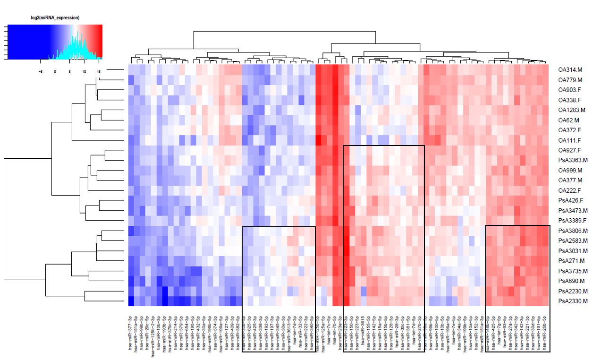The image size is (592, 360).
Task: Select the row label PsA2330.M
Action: point(573,301)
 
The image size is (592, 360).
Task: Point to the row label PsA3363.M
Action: point(573,160)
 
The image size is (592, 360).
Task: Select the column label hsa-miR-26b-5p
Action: point(545,331)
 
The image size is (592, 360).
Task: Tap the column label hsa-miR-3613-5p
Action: point(287,331)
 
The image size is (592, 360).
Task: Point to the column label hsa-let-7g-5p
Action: point(499,331)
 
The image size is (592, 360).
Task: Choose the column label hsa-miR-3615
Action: point(363,331)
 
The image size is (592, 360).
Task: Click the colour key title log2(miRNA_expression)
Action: point(55,18)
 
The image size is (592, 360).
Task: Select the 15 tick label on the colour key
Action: point(98,71)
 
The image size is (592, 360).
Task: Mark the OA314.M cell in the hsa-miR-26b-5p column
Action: point(545,69)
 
